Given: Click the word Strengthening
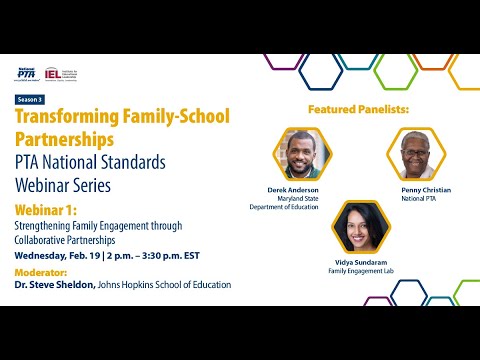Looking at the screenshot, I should [44, 226].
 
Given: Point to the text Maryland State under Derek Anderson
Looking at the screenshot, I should [296, 198].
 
